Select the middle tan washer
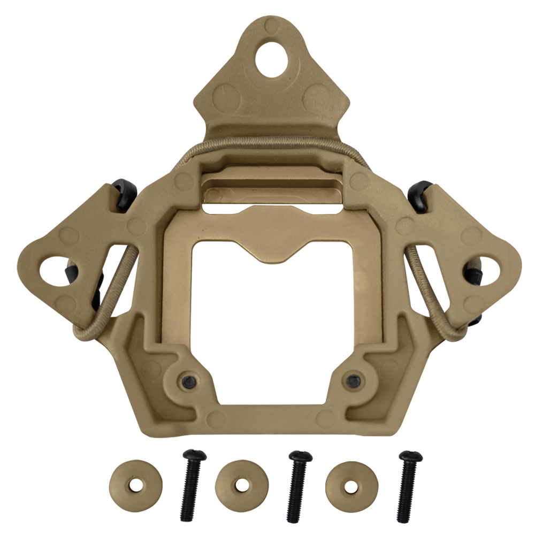point(241,485)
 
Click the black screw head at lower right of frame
point(352,379)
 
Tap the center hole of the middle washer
point(241,486)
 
